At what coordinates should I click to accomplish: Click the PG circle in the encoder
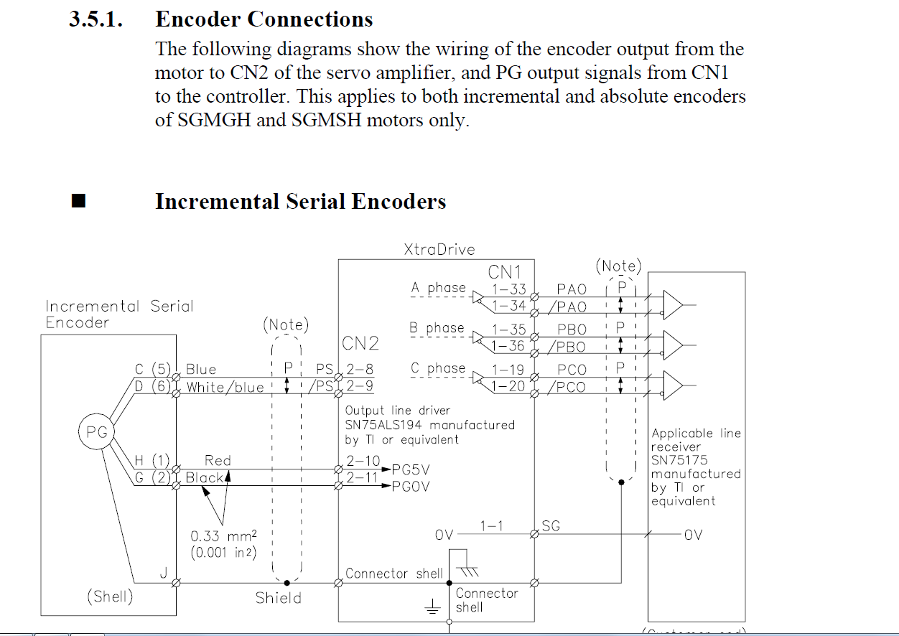click(x=96, y=432)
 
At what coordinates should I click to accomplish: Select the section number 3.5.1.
click(x=96, y=19)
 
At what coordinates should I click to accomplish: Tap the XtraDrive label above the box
click(x=439, y=250)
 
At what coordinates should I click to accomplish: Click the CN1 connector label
click(x=505, y=272)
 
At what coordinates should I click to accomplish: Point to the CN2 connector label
click(x=360, y=343)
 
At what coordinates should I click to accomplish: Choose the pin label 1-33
click(x=508, y=289)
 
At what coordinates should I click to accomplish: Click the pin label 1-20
click(x=508, y=387)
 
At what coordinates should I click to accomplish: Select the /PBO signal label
click(x=567, y=347)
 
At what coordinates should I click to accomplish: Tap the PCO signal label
click(x=572, y=370)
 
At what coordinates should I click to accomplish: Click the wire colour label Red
click(x=218, y=460)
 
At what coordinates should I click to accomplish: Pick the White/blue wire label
click(x=225, y=388)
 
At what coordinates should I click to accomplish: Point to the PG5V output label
click(x=411, y=469)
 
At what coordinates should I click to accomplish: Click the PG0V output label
click(x=411, y=487)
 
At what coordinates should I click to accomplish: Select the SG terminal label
click(x=551, y=527)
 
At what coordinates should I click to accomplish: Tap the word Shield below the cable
click(x=279, y=597)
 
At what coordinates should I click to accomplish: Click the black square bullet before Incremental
click(x=79, y=201)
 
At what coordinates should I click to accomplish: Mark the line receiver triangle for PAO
click(x=673, y=304)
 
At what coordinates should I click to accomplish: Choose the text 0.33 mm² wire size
click(x=223, y=536)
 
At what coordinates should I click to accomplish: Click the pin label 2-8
click(x=359, y=370)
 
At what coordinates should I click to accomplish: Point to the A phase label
click(x=438, y=288)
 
